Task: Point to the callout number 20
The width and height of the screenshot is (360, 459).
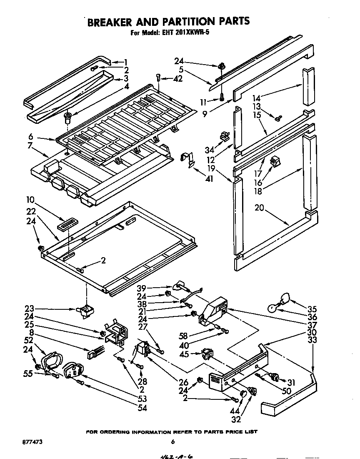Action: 260,208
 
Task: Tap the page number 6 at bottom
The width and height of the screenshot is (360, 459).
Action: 172,442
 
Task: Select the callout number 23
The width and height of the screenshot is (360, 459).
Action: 29,309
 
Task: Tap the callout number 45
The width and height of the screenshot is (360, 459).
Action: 184,354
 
